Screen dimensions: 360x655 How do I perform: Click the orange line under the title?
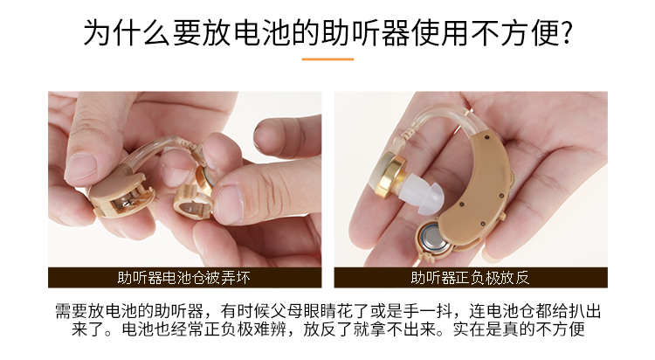click(x=327, y=59)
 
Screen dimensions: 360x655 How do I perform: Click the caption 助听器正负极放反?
click(x=471, y=278)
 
